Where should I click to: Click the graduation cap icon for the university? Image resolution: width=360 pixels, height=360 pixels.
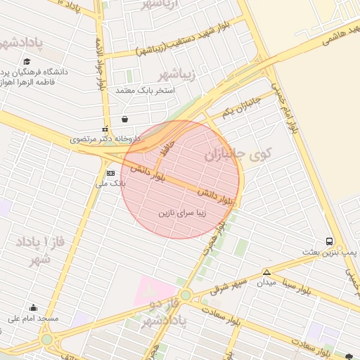pos(27,62)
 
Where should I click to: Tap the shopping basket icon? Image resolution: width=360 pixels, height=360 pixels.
pos(124,119)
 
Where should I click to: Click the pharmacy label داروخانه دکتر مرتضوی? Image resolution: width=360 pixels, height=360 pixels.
pos(105,139)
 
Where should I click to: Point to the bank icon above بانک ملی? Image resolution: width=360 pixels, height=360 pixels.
pos(110,173)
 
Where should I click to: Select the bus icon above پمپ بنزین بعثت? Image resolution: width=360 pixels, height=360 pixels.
pos(330,241)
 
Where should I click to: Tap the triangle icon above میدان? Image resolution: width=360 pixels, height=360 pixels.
pos(266,272)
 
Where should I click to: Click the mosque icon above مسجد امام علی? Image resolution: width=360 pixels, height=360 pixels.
pos(33,307)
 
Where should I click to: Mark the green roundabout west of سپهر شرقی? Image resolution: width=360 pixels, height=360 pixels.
pos(185,295)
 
